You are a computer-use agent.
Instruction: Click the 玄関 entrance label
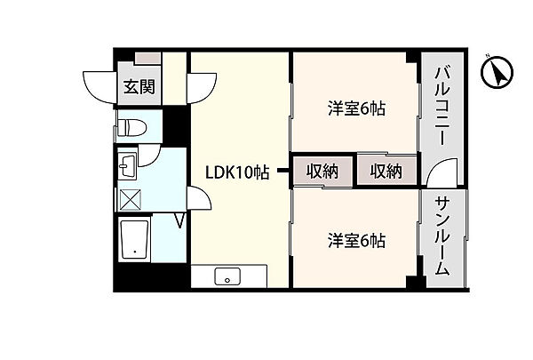138,87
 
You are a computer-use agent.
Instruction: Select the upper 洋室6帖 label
355,109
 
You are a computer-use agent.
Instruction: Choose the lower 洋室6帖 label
355,240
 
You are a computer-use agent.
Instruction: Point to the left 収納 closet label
322,171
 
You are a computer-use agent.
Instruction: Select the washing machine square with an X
131,197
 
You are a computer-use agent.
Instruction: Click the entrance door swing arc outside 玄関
102,86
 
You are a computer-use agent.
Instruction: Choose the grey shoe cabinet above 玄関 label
149,58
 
